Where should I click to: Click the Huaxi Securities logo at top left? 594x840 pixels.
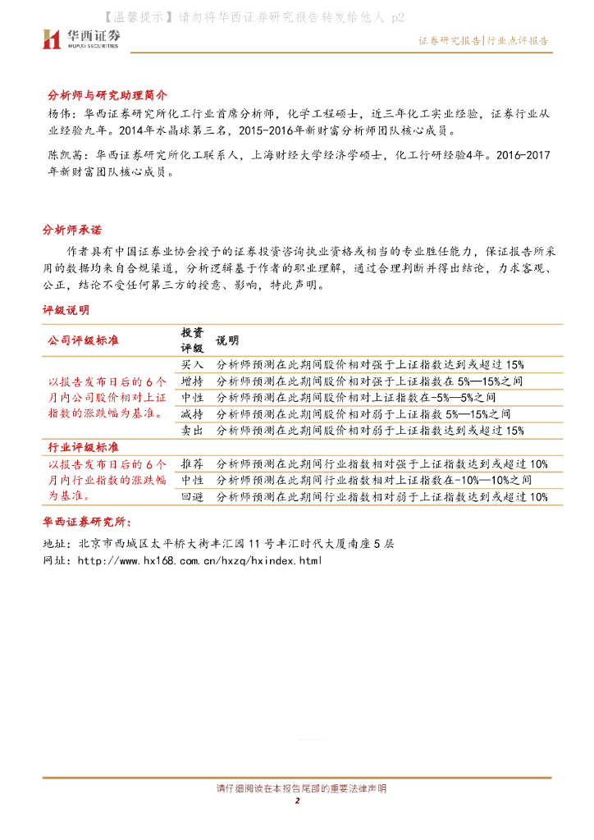[x=81, y=38]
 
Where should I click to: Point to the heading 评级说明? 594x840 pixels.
[x=66, y=310]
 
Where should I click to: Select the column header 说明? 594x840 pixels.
[x=227, y=340]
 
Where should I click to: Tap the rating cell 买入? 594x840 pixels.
[x=192, y=364]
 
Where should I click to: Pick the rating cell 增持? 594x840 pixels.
[x=192, y=381]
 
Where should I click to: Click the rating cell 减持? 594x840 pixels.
[x=192, y=413]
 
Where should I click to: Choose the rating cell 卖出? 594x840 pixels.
[x=192, y=430]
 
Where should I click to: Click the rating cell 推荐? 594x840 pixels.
[x=192, y=463]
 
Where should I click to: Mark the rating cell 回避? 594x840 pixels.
[x=192, y=496]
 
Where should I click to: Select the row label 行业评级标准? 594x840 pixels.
[x=80, y=447]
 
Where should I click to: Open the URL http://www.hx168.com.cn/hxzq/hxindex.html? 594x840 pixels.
[x=199, y=560]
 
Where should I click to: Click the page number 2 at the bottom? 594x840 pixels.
[x=298, y=801]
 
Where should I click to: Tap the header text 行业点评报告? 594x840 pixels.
[x=518, y=40]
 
